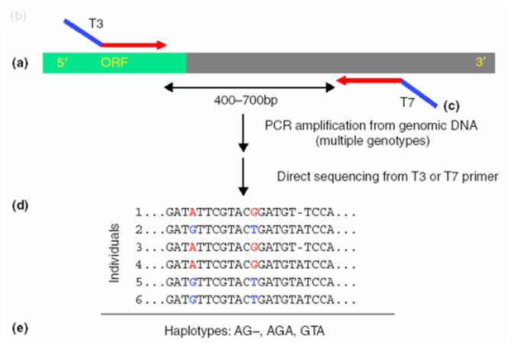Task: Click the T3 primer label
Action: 96,24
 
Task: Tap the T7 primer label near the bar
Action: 407,102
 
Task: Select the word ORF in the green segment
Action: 115,63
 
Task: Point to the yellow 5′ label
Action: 63,63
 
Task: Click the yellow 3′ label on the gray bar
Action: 480,62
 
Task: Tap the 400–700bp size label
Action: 246,100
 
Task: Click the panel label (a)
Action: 20,63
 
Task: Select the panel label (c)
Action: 451,105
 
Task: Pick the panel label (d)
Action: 20,206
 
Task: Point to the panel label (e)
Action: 20,328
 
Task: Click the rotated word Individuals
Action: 115,253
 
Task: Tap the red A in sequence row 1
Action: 192,212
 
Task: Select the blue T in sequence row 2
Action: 254,229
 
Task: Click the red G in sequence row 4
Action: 254,264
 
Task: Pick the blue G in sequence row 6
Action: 192,300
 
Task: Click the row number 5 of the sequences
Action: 139,282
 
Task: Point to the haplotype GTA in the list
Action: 312,331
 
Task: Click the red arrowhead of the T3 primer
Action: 161,45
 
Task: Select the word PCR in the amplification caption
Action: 278,125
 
